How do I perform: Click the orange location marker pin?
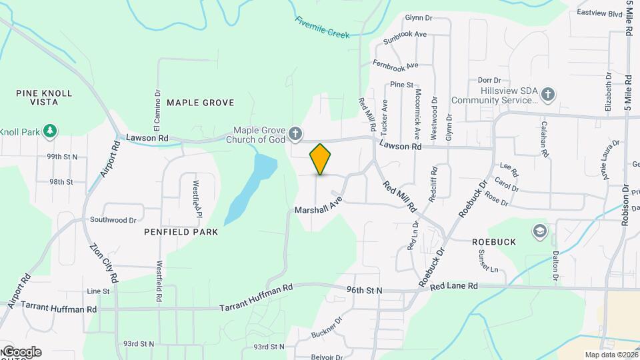tap(320, 159)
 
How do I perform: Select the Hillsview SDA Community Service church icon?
tap(548, 93)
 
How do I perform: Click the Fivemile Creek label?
tap(323, 27)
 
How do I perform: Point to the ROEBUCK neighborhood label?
tap(494, 242)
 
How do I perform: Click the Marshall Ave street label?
tap(319, 205)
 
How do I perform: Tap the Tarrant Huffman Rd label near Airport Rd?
tap(59, 307)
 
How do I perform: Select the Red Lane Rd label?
tap(454, 286)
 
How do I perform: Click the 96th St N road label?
tap(364, 290)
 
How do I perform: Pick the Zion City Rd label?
tap(103, 262)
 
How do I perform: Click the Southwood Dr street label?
tap(113, 219)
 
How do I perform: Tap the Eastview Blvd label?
tap(599, 13)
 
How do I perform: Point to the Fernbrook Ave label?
tap(395, 65)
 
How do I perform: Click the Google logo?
tap(21, 351)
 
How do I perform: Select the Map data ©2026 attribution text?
tap(610, 355)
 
